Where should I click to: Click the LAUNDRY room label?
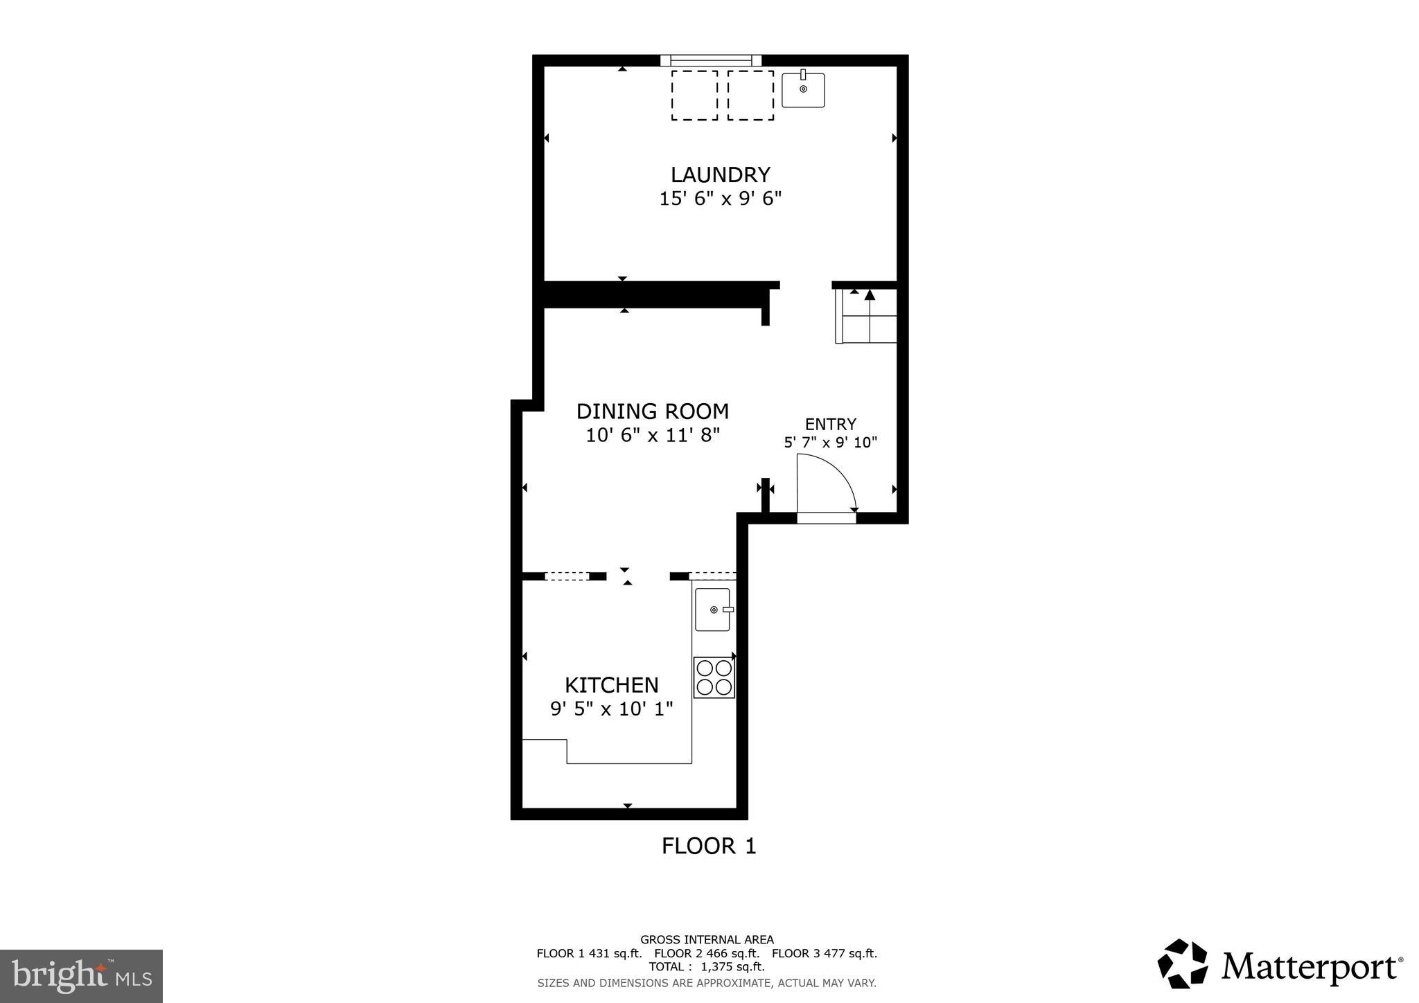(720, 175)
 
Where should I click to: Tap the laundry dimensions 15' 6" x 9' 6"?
(720, 199)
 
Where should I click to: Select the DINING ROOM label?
(652, 411)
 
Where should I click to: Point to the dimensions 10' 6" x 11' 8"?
(653, 436)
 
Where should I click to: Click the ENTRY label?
(830, 424)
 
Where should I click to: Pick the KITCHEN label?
(611, 685)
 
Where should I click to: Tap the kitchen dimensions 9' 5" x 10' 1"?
(611, 709)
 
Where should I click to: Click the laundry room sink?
(803, 90)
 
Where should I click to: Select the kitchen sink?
(713, 610)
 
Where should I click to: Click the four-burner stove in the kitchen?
(714, 677)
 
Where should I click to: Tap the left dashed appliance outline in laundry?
(694, 95)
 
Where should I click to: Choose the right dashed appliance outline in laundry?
(750, 95)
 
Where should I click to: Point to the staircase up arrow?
(870, 296)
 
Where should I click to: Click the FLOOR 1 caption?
(708, 846)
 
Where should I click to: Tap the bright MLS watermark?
(81, 977)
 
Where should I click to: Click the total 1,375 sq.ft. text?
(707, 967)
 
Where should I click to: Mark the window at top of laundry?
(711, 60)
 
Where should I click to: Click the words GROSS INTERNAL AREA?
(707, 940)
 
